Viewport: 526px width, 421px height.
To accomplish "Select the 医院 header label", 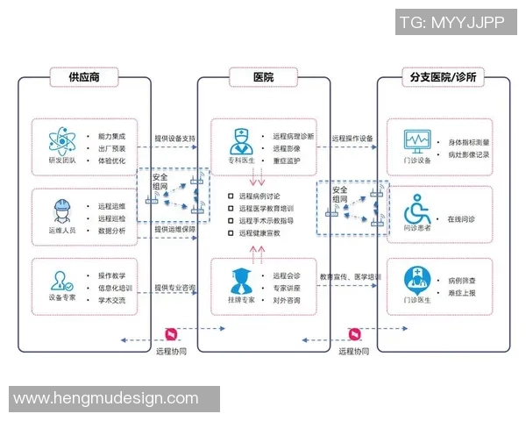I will (x=262, y=77).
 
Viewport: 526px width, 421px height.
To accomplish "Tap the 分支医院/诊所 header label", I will (x=443, y=77).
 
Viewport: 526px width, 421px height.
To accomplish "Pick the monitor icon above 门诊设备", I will (x=416, y=139).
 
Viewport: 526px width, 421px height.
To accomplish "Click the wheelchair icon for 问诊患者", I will (x=416, y=210).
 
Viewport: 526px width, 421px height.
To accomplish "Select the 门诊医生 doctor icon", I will (x=416, y=279).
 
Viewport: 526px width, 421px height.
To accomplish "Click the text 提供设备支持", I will (x=175, y=139).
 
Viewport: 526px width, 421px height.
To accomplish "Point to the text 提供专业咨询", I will (x=175, y=287).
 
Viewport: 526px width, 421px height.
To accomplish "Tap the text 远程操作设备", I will (x=353, y=139).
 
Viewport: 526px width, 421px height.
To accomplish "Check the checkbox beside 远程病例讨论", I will (x=231, y=196).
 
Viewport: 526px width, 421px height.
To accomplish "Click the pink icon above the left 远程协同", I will (x=171, y=334).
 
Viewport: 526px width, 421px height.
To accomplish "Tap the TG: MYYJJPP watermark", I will (x=451, y=22).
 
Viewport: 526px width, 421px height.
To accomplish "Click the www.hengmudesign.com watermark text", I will (x=106, y=398).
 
